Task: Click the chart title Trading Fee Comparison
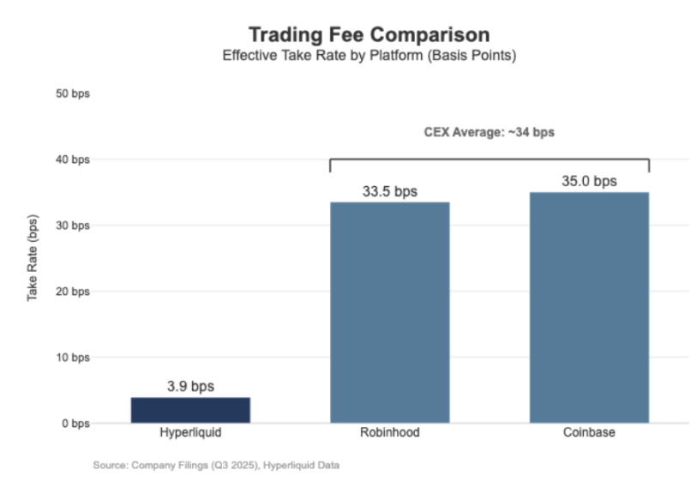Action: (369, 34)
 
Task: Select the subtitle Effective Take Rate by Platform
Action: (369, 56)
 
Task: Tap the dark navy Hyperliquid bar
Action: (190, 410)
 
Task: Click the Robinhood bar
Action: (389, 312)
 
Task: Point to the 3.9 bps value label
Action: (190, 387)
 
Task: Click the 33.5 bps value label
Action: (389, 191)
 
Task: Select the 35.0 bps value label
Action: (589, 182)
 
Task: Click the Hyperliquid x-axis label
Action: (190, 433)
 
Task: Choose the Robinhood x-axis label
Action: (389, 433)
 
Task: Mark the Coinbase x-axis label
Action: (589, 433)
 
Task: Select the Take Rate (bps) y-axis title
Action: (33, 258)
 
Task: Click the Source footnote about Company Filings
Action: (216, 466)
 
